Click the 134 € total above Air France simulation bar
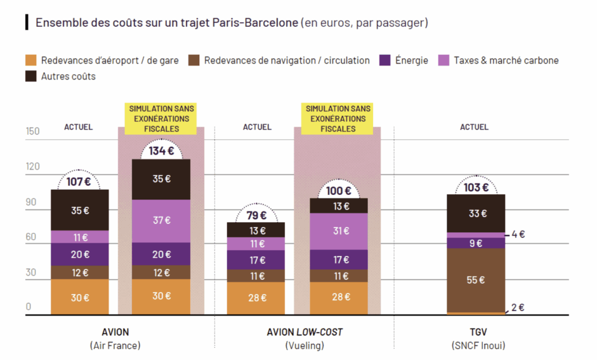coord(161,151)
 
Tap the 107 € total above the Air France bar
coord(79,181)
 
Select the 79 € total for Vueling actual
coord(256,215)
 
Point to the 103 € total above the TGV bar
coord(476,187)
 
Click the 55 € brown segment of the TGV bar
coord(476,280)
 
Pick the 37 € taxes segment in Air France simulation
coord(161,221)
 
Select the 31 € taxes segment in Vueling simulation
coord(339,231)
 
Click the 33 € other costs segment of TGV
coord(476,214)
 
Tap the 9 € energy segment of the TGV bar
coord(476,243)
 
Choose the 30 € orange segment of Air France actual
coord(80,297)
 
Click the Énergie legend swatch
coord(385,60)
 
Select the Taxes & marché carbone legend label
coord(506,60)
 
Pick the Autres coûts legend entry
coord(68,76)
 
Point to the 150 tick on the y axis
coord(33,131)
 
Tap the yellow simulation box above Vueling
coord(338,118)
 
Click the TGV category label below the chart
coord(478,332)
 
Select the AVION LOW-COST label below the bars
coord(304,332)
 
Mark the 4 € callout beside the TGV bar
coord(518,235)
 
